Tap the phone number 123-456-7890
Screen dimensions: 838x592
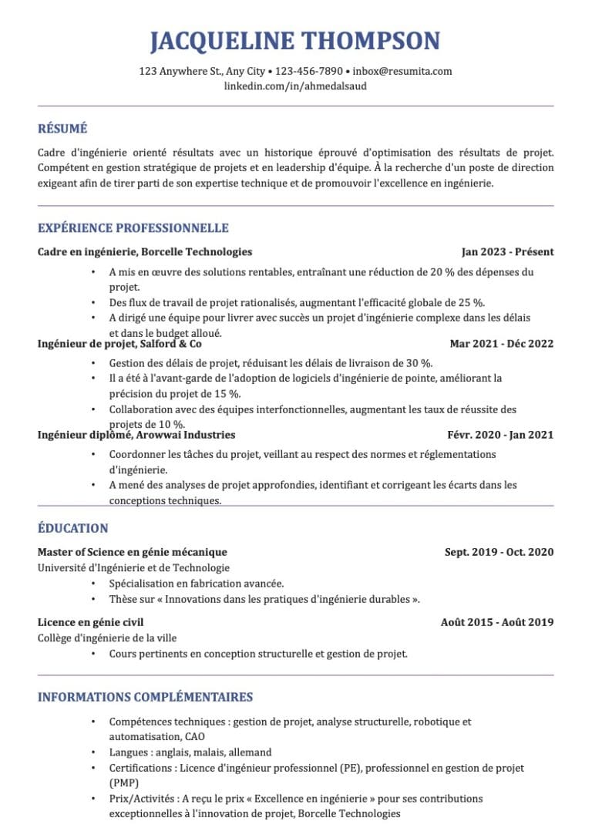308,71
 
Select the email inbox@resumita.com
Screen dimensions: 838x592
402,71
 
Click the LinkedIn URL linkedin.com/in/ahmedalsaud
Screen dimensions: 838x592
295,86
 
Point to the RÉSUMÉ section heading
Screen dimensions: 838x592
62,129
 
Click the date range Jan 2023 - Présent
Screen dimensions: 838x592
507,252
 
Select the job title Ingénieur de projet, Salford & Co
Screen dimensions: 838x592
119,344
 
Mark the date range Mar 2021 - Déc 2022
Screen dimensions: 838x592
501,344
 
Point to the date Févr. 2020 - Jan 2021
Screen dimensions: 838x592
500,435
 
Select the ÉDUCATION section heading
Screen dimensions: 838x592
73,528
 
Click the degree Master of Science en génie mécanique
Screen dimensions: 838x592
133,552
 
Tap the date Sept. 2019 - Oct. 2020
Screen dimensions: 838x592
499,552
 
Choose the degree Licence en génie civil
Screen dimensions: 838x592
91,622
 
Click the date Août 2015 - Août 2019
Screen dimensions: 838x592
497,622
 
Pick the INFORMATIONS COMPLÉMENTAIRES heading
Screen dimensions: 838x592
146,697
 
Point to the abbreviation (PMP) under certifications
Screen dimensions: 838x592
124,782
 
